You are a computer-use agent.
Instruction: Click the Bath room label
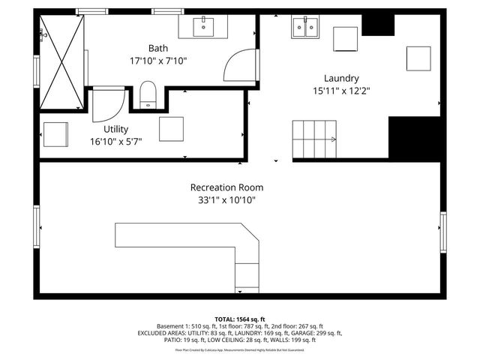157,48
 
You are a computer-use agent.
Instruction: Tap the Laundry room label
341,78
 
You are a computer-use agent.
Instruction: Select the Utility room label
115,129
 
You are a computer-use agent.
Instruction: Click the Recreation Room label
226,187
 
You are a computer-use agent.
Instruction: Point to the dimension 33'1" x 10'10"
226,200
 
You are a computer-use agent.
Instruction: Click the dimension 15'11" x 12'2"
341,91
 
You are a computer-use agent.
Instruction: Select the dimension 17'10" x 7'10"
157,61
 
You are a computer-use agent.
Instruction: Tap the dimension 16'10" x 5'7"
115,141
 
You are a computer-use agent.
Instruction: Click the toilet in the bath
148,94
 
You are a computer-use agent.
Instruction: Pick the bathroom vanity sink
204,27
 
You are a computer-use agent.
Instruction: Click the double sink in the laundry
305,27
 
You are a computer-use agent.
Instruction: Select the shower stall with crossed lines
61,61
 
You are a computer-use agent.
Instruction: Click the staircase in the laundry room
314,139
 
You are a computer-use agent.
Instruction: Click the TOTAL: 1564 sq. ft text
240,319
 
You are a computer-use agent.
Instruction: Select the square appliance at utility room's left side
55,134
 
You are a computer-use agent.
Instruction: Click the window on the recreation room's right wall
442,232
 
